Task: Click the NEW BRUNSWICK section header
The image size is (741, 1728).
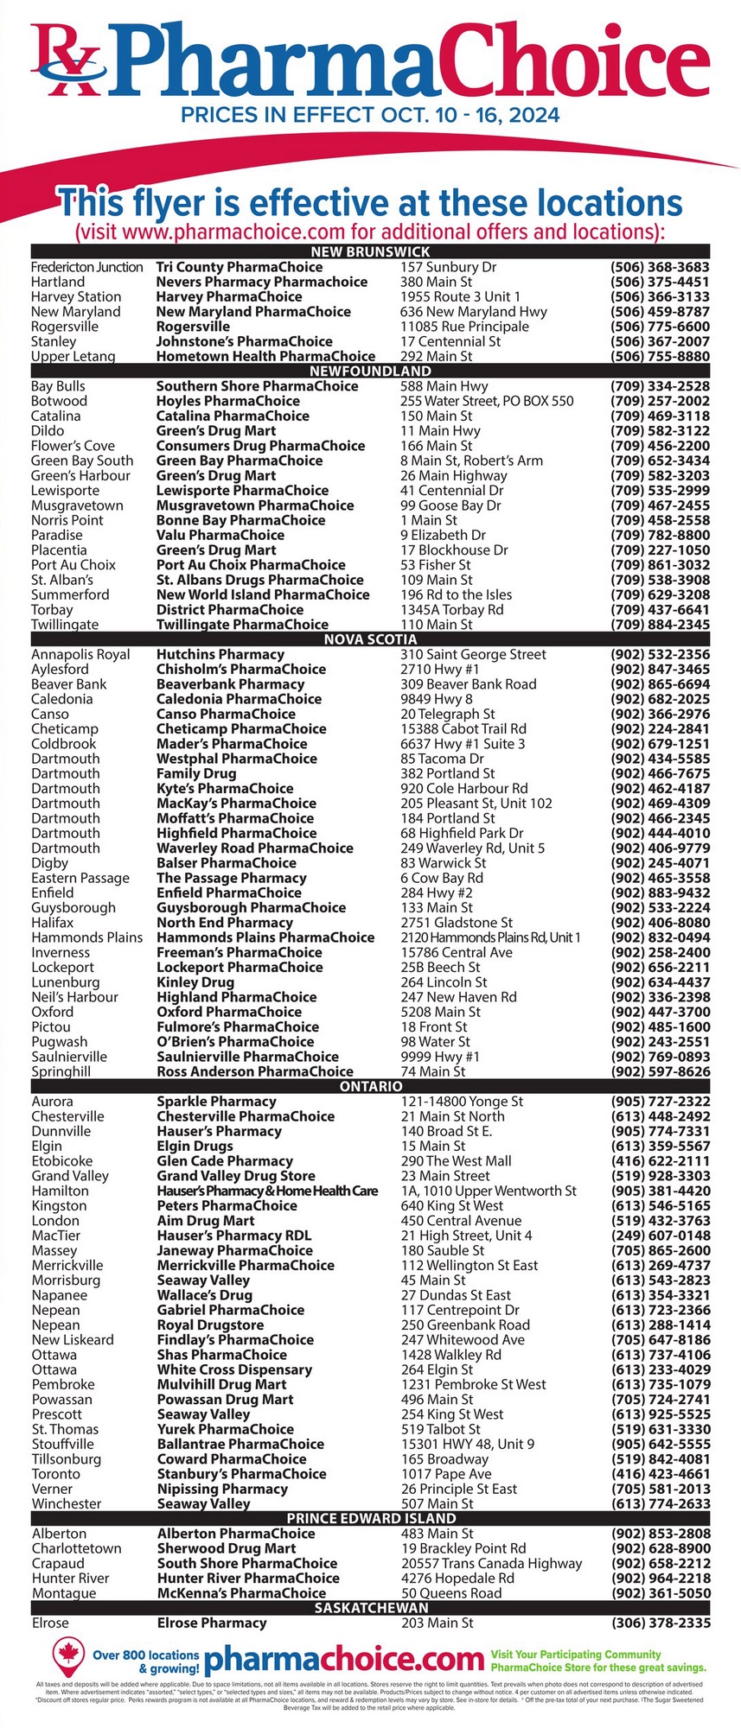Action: [x=370, y=251]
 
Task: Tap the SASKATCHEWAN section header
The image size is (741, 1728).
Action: [x=371, y=1608]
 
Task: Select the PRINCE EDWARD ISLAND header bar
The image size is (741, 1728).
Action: [x=371, y=1518]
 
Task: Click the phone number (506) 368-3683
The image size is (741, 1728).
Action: [x=660, y=267]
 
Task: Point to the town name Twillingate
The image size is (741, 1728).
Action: [x=65, y=624]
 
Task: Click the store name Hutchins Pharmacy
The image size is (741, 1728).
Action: [x=220, y=654]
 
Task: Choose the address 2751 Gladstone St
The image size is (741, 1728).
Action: [x=456, y=923]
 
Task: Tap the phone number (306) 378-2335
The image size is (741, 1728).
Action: [x=661, y=1623]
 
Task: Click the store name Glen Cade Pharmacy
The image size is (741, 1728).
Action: [x=224, y=1161]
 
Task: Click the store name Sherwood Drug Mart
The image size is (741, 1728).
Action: [x=226, y=1548]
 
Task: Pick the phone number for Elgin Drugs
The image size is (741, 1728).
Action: [x=660, y=1147]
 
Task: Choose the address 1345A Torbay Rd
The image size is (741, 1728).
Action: [x=451, y=609]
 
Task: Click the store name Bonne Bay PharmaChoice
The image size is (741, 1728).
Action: [x=240, y=520]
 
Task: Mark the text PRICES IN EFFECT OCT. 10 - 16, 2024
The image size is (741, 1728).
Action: [x=370, y=115]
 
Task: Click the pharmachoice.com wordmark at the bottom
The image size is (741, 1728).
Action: [x=343, y=1659]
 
